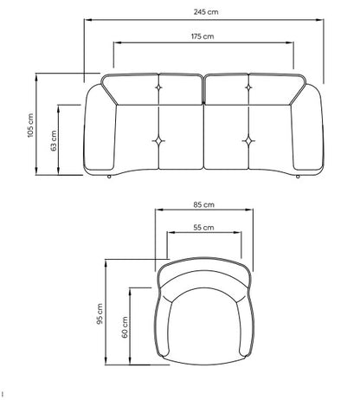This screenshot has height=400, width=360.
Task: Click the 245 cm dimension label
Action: click(x=206, y=12)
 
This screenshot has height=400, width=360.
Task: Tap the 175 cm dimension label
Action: click(x=202, y=36)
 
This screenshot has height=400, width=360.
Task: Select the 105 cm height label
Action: click(x=30, y=126)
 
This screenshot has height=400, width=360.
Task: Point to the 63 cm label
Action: click(x=54, y=141)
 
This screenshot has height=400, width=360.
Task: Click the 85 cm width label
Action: click(x=204, y=204)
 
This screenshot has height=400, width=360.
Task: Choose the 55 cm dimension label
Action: click(x=203, y=228)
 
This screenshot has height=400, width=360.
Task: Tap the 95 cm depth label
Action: click(x=100, y=313)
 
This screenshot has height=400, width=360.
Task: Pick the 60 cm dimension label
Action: click(x=125, y=327)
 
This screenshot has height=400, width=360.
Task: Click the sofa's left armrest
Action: click(x=100, y=128)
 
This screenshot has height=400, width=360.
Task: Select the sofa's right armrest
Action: click(x=307, y=128)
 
